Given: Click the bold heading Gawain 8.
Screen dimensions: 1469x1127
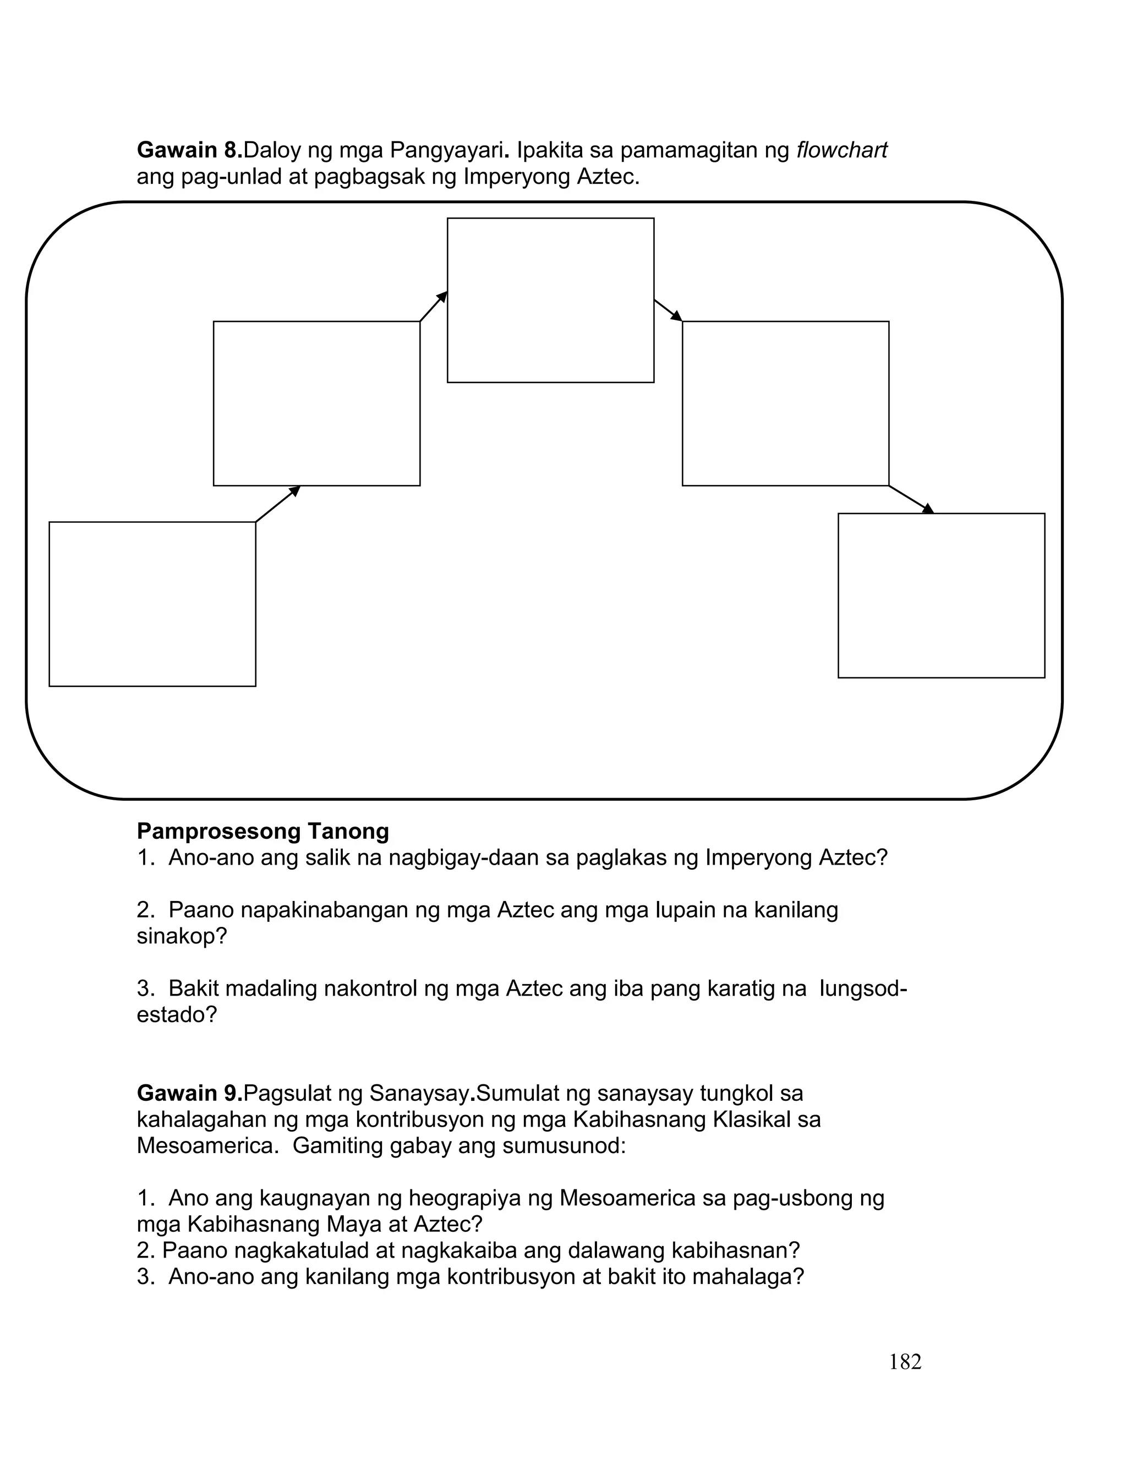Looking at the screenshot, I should (x=189, y=150).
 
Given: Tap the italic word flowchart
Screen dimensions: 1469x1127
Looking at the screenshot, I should (x=841, y=150).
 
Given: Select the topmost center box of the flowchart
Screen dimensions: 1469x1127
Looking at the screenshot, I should (x=550, y=300).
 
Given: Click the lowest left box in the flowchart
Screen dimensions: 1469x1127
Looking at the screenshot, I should (x=152, y=604).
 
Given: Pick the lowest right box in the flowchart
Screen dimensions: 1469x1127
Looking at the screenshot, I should (x=941, y=596).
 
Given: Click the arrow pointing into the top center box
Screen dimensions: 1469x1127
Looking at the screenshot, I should (x=434, y=307).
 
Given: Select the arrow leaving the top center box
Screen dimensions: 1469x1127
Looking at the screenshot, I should (x=668, y=310).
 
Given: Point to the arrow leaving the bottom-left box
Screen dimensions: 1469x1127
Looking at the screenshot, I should (x=278, y=504).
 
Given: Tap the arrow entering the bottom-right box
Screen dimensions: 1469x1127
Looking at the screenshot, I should (x=911, y=499).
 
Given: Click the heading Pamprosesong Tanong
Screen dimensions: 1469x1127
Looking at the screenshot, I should (x=262, y=831).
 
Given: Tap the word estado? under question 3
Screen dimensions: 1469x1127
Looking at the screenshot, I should (x=177, y=1014).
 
